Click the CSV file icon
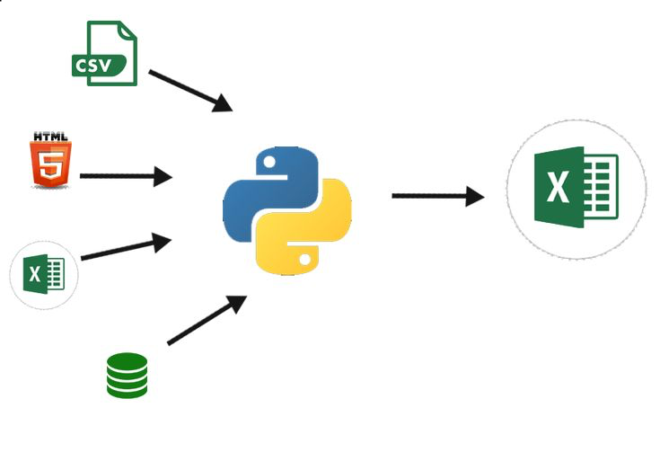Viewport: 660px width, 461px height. (x=105, y=54)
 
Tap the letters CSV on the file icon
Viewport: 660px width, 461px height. (x=93, y=66)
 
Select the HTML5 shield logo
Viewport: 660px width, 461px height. (x=50, y=164)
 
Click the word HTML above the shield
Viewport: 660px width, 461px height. (x=50, y=137)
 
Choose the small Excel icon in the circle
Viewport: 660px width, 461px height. (x=44, y=275)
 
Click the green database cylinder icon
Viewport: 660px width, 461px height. (x=128, y=376)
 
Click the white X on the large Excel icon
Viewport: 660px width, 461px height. (x=559, y=187)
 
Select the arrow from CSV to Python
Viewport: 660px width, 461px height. (x=190, y=91)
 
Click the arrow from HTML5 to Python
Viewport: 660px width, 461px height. (x=126, y=176)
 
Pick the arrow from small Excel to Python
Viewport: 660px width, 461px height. (x=127, y=246)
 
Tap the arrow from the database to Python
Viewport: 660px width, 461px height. (x=207, y=320)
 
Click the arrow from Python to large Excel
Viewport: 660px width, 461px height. (x=438, y=196)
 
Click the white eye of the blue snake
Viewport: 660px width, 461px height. (x=269, y=163)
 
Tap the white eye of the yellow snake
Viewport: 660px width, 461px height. (x=305, y=260)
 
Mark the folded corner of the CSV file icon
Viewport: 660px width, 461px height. (x=128, y=31)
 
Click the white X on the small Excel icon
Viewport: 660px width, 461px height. (x=34, y=274)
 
